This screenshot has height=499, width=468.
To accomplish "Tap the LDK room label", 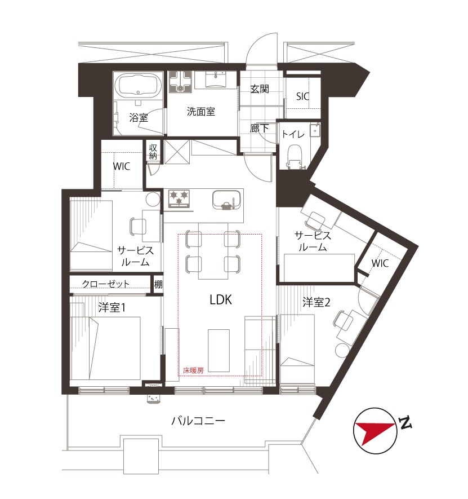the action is (x=221, y=300).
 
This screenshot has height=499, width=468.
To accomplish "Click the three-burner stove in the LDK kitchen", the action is (x=179, y=198).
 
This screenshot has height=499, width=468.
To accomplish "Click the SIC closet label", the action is (x=302, y=96).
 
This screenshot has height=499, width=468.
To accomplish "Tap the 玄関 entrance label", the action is (x=260, y=89).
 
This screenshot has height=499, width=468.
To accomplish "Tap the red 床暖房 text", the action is (x=193, y=370).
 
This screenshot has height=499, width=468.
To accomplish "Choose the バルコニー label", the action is (x=198, y=421).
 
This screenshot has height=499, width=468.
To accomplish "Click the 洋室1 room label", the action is (x=112, y=307).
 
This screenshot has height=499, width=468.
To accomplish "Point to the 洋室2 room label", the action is (x=317, y=302).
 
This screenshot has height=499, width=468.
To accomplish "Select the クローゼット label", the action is (x=106, y=284).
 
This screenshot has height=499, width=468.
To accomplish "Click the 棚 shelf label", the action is (x=158, y=284).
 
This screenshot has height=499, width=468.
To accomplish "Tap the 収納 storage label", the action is (x=153, y=152).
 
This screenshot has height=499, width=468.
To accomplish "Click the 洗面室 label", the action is (x=201, y=112).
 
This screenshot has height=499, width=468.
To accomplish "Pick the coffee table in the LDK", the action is (x=219, y=350).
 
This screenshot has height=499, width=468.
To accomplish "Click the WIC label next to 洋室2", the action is (x=380, y=263).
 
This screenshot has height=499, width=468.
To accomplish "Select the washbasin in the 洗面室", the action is (x=216, y=80).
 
